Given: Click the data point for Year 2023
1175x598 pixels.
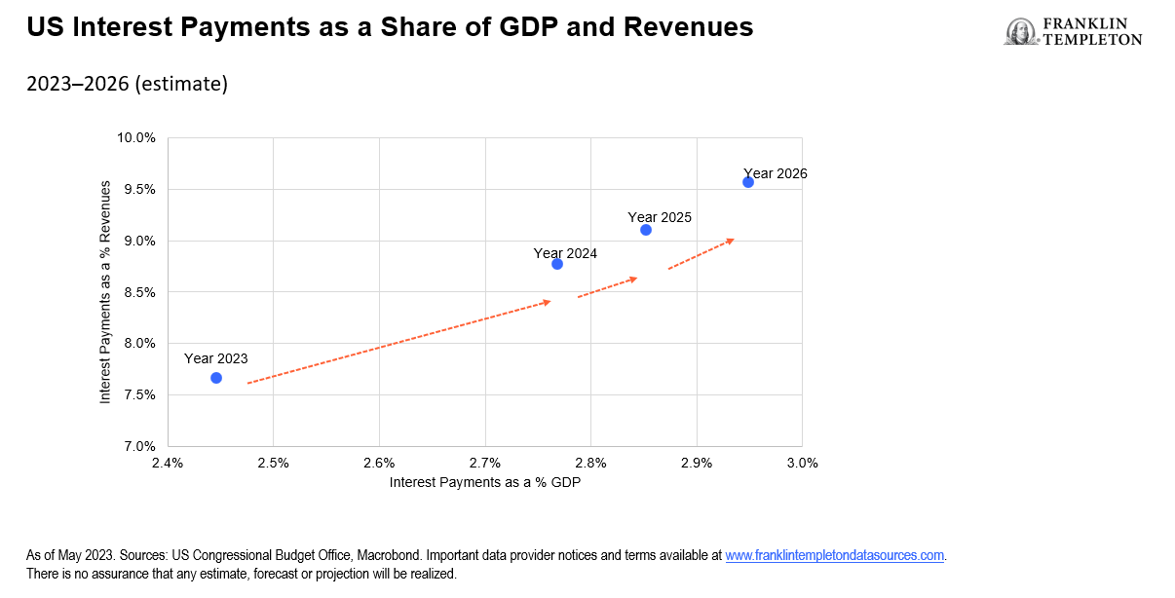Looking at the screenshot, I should pyautogui.click(x=216, y=378).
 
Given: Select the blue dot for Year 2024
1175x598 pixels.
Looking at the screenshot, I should pyautogui.click(x=557, y=264).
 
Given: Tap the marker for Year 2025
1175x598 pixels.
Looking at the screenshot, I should pyautogui.click(x=646, y=230).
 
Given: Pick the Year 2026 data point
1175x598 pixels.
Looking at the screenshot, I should pyautogui.click(x=748, y=182).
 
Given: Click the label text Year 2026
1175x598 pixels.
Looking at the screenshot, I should pyautogui.click(x=776, y=174).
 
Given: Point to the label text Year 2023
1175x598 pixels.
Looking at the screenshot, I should pyautogui.click(x=216, y=358).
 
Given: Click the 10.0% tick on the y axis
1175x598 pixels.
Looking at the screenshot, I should pyautogui.click(x=136, y=137).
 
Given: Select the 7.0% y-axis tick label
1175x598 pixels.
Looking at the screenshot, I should pyautogui.click(x=139, y=446).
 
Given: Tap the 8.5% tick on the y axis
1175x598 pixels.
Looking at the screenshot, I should pyautogui.click(x=139, y=292).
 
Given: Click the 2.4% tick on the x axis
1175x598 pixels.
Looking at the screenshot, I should pyautogui.click(x=169, y=463).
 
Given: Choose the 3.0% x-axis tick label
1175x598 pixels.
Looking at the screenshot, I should pyautogui.click(x=802, y=463).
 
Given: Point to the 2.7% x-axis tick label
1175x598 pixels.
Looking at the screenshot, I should pyautogui.click(x=485, y=463).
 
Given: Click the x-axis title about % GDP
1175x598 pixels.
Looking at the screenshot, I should pyautogui.click(x=485, y=482).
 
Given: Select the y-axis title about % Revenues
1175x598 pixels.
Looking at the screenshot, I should pyautogui.click(x=105, y=292).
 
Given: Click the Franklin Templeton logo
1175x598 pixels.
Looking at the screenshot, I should pyautogui.click(x=1073, y=32).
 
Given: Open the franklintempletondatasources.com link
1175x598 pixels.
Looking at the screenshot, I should pyautogui.click(x=835, y=556).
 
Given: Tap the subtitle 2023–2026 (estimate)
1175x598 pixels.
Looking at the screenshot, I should pyautogui.click(x=127, y=85).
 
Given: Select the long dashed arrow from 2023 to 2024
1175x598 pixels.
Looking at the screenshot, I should pyautogui.click(x=399, y=343).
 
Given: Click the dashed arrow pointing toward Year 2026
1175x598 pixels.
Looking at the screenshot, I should pyautogui.click(x=701, y=253).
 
